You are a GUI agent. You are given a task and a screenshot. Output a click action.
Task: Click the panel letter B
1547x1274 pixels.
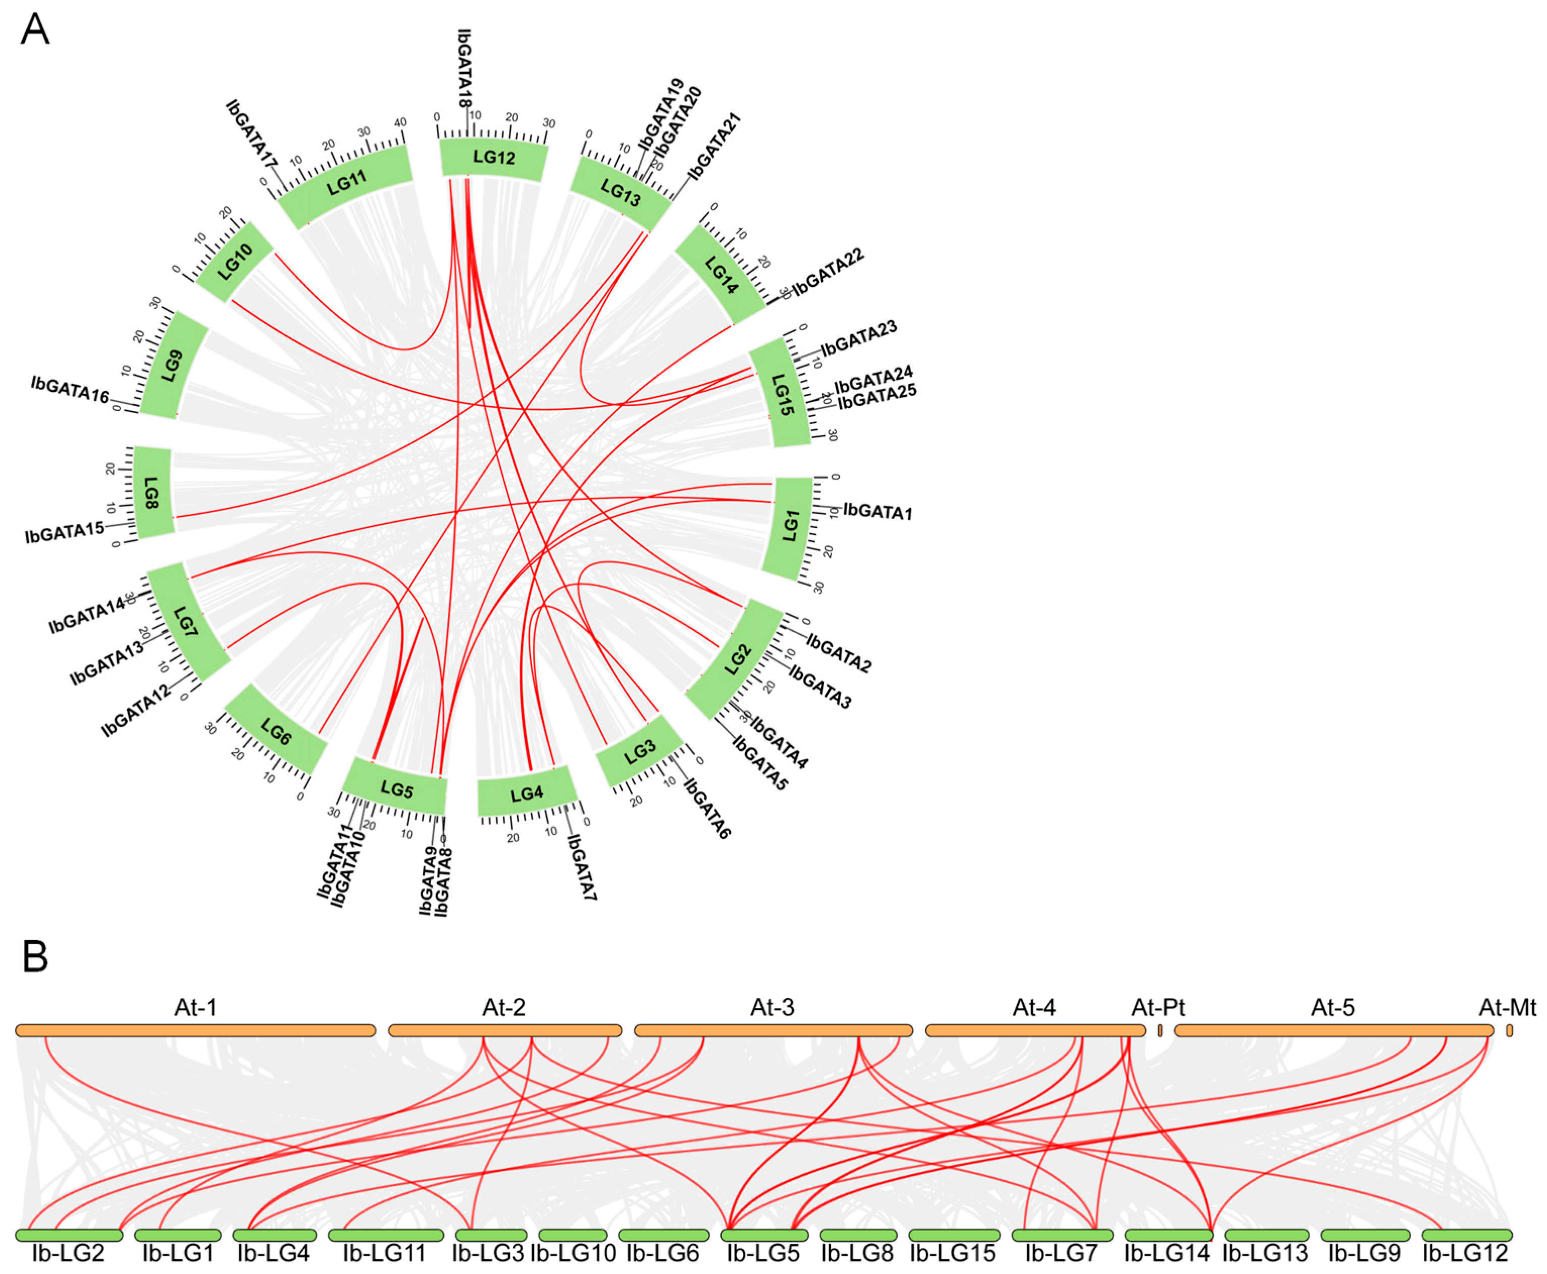(x=35, y=957)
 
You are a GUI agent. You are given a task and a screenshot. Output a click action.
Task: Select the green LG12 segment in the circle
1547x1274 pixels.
(x=494, y=158)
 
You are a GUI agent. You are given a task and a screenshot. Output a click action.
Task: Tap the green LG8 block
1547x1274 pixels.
(x=152, y=492)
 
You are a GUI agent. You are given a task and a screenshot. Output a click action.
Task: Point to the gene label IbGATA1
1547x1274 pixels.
(x=877, y=512)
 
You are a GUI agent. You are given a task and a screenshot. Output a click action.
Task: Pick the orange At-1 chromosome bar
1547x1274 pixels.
(x=195, y=1030)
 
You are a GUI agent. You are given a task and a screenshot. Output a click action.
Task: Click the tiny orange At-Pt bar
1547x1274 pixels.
(x=1160, y=1030)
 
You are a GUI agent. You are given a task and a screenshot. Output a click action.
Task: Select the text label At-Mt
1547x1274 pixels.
(x=1507, y=1007)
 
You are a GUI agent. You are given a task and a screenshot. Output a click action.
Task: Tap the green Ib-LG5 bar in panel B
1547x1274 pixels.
(x=764, y=1235)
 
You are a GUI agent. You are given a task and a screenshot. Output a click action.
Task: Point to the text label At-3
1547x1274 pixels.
(x=772, y=1007)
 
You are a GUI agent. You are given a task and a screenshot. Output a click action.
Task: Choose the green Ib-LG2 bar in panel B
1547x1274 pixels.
(x=69, y=1235)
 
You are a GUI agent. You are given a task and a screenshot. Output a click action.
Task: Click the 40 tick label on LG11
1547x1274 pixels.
(x=400, y=123)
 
